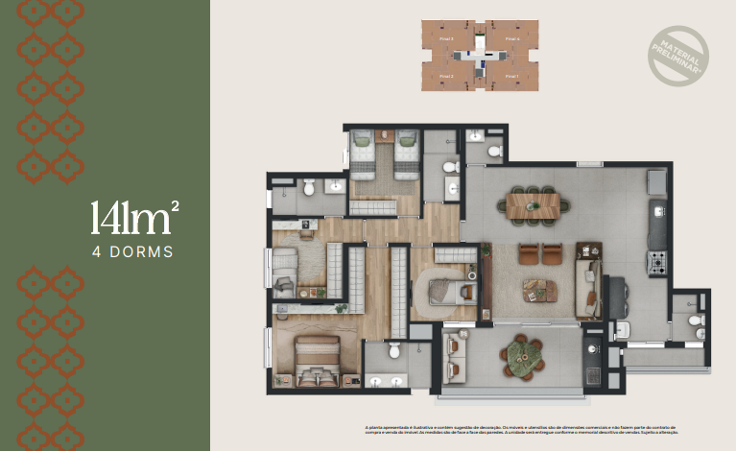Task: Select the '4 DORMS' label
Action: (132, 253)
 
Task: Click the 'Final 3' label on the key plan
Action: (445, 39)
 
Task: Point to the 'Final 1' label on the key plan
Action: (510, 76)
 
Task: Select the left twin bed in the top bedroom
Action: (364, 154)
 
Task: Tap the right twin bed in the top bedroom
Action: (407, 153)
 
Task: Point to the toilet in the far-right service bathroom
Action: (699, 320)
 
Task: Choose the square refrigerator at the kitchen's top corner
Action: (656, 181)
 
